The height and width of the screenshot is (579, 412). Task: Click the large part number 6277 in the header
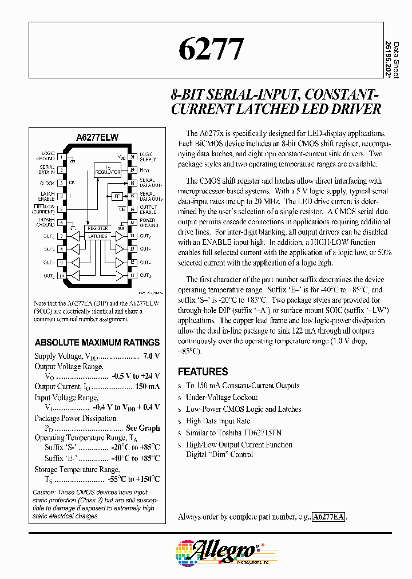211,50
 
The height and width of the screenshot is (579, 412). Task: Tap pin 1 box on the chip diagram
62,156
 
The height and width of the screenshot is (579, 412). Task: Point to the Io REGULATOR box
107,170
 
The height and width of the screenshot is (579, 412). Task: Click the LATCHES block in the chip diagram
98,236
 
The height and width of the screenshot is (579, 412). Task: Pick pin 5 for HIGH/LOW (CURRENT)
62,209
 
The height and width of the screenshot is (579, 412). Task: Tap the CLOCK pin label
47,183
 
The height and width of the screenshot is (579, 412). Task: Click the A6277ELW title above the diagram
97,138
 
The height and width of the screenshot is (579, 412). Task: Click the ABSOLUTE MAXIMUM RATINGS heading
97,343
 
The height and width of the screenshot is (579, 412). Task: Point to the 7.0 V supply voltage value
151,356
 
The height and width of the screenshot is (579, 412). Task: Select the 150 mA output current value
147,387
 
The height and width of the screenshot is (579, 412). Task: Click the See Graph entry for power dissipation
142,428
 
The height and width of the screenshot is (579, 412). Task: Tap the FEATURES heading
203,371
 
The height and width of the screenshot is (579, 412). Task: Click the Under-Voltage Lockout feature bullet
222,397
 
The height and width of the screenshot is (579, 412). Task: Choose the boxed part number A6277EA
329,517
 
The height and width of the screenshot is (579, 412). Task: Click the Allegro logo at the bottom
217,551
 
